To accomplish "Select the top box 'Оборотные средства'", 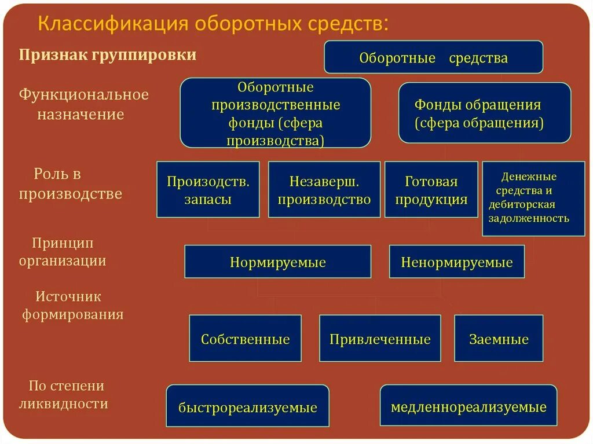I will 433,57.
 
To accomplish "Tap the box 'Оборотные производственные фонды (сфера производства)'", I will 275,113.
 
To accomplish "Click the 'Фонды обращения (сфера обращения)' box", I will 484,113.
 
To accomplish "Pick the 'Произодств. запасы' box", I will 208,190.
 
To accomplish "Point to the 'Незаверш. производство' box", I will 324,190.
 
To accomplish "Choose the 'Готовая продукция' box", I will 431,190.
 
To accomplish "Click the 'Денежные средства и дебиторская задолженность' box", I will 533,198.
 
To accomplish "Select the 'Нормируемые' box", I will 277,262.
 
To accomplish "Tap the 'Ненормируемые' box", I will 456,262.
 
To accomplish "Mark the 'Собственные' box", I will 245,339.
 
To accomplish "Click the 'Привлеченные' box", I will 380,339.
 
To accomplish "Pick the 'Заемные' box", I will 499,339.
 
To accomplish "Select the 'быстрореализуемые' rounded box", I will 247,406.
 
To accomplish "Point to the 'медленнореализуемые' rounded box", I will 468,406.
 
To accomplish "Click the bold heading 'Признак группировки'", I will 108,55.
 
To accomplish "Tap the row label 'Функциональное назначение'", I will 83,104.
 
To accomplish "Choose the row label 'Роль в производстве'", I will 70,184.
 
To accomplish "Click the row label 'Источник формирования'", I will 72,305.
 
